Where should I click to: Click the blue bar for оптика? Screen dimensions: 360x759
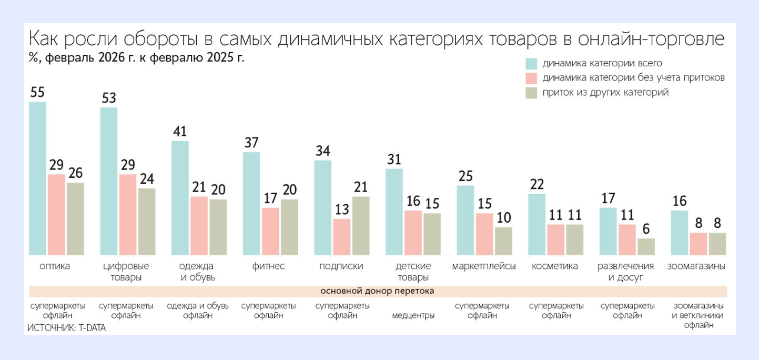pyautogui.click(x=37, y=178)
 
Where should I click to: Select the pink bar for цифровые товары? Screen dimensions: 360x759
pyautogui.click(x=128, y=215)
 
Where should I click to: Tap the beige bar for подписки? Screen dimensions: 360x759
pyautogui.click(x=360, y=226)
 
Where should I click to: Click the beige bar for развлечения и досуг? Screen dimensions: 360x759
pyautogui.click(x=646, y=247)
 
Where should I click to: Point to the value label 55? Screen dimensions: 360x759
pyautogui.click(x=37, y=93)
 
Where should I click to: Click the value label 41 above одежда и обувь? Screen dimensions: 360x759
pyautogui.click(x=180, y=132)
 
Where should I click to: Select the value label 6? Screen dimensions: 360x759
pyautogui.click(x=646, y=229)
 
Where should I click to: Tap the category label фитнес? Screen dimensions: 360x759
pyautogui.click(x=268, y=266)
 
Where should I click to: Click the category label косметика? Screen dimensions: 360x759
pyautogui.click(x=554, y=266)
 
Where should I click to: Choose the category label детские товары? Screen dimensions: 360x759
pyautogui.click(x=412, y=272)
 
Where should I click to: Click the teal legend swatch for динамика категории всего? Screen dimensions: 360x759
pyautogui.click(x=531, y=64)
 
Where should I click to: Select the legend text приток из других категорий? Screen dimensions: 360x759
pyautogui.click(x=605, y=93)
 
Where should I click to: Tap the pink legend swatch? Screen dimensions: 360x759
pyautogui.click(x=531, y=78)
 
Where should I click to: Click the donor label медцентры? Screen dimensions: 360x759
pyautogui.click(x=413, y=316)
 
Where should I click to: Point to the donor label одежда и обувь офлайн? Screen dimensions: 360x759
pyautogui.click(x=197, y=311)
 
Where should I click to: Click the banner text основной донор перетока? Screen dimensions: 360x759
pyautogui.click(x=377, y=291)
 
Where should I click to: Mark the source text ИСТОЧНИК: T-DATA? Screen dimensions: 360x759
pyautogui.click(x=66, y=327)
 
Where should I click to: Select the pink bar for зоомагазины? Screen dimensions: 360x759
pyautogui.click(x=699, y=244)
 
